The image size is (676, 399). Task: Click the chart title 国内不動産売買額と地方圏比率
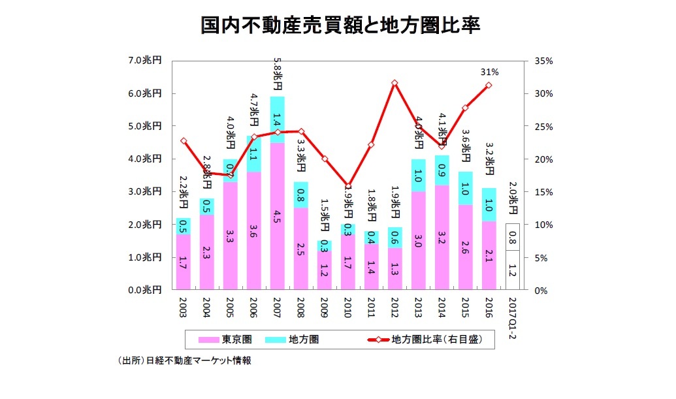(x=340, y=25)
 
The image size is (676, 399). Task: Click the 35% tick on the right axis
(x=543, y=61)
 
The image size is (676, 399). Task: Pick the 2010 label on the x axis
(x=347, y=308)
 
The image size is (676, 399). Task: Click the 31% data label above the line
(x=490, y=72)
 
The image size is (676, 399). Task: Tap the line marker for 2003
(x=184, y=140)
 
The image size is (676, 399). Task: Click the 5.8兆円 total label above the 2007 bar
(x=277, y=76)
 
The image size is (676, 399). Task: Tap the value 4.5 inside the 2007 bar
(x=277, y=215)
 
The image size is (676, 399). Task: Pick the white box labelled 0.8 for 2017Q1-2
(x=512, y=237)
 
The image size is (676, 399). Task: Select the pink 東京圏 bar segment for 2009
(x=324, y=270)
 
